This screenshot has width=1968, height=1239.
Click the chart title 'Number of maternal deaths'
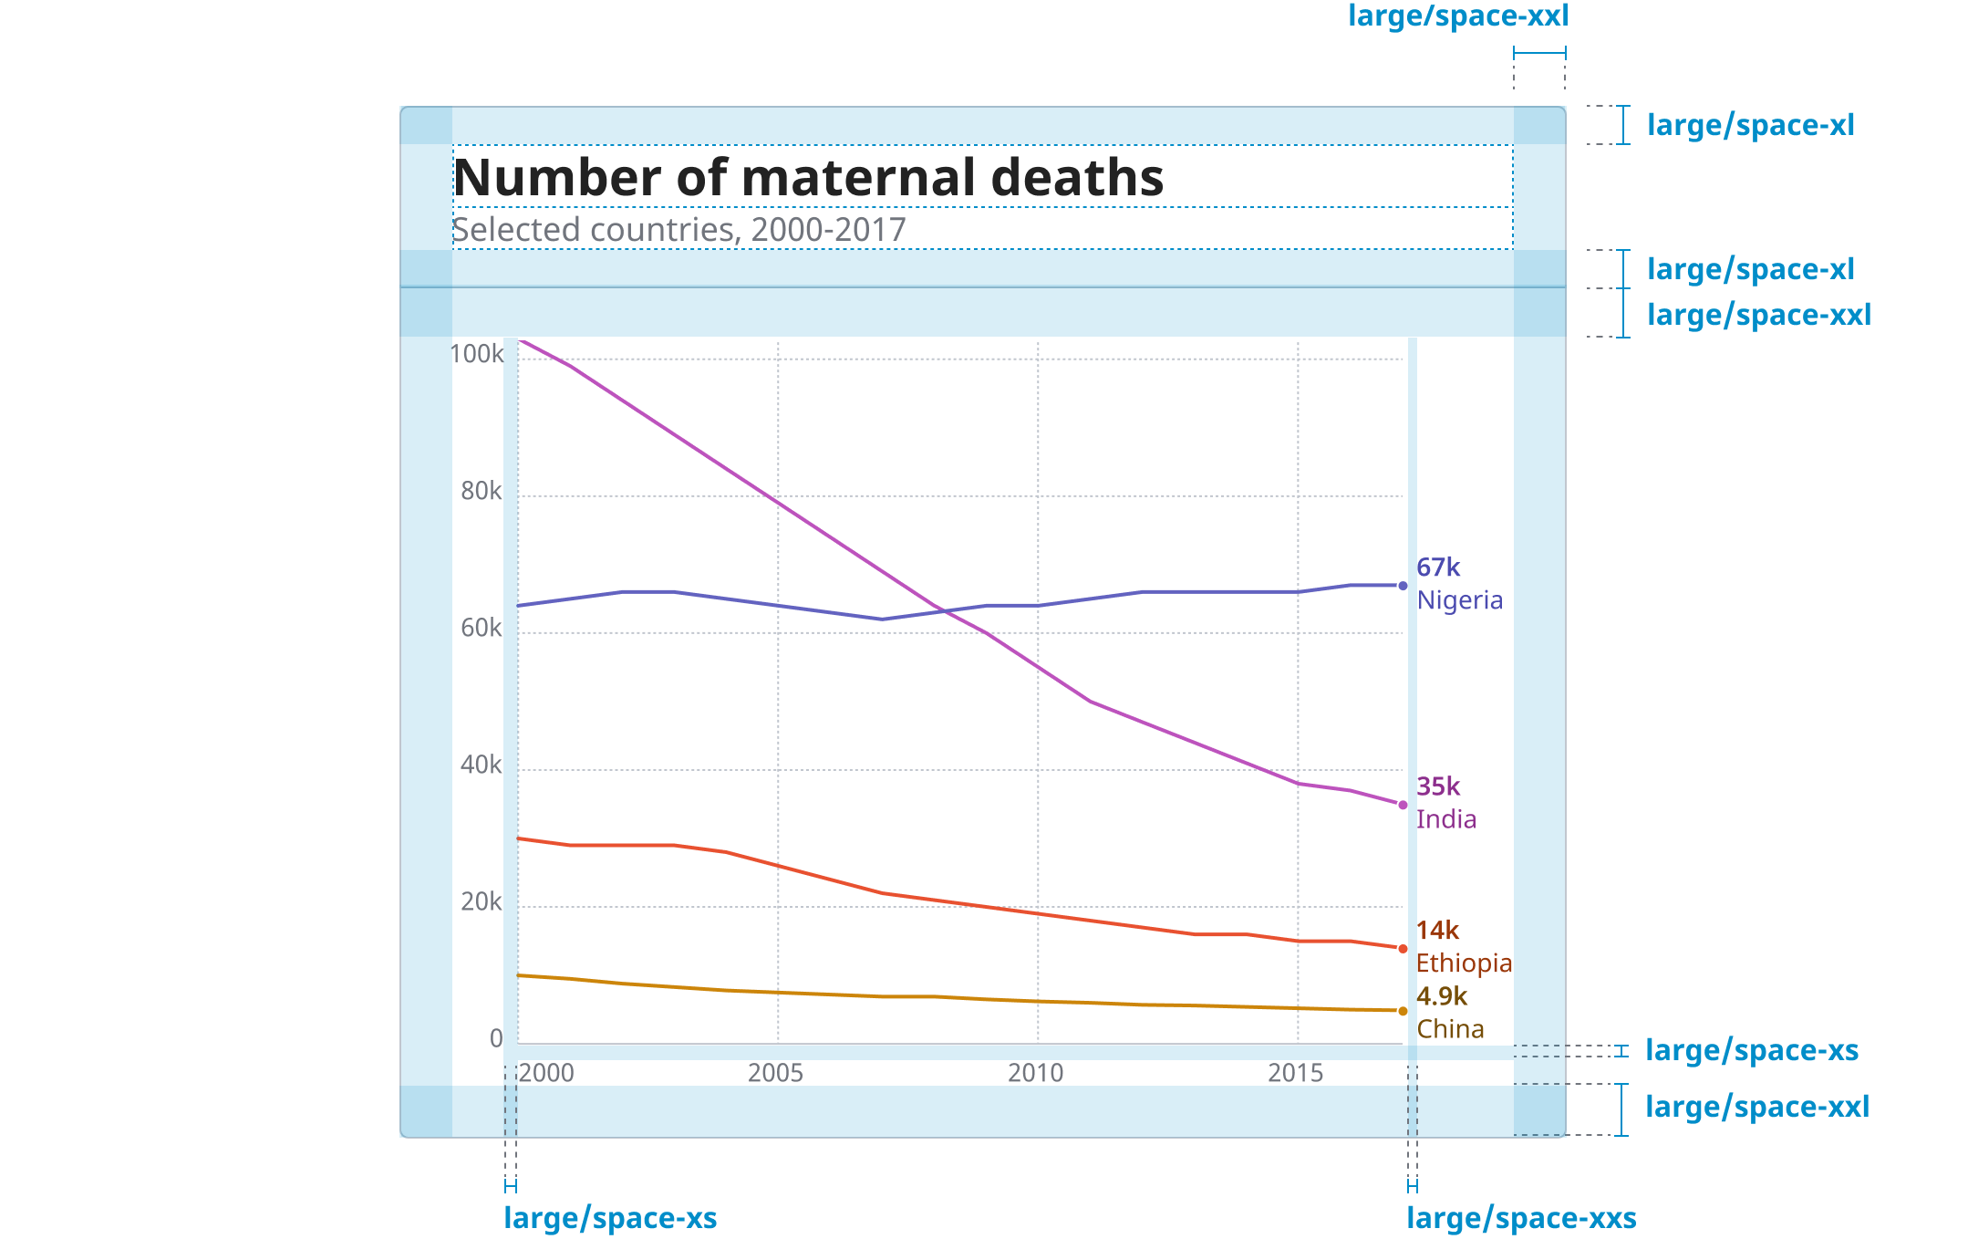click(808, 177)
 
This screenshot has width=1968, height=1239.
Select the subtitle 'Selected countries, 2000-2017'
click(679, 230)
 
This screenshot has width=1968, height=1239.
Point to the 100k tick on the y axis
click(476, 354)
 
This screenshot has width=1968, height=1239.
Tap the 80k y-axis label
click(481, 491)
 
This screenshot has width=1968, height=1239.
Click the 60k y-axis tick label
click(481, 628)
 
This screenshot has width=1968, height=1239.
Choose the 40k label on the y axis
click(481, 765)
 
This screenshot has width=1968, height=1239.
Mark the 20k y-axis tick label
click(481, 901)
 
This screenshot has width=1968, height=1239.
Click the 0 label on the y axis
click(496, 1038)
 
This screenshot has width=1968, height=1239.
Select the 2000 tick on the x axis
click(546, 1073)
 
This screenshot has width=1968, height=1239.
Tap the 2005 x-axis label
click(775, 1073)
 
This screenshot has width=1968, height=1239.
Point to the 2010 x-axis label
click(1035, 1073)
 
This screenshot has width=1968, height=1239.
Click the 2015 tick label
click(1295, 1073)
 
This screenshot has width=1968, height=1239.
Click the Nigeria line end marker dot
click(1403, 586)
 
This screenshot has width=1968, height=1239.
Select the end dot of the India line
click(1403, 805)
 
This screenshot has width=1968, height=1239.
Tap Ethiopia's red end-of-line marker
click(1403, 949)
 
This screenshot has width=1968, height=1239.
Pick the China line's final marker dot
click(1403, 1011)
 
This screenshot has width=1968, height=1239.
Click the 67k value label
click(1438, 567)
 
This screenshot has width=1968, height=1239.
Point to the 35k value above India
click(1438, 786)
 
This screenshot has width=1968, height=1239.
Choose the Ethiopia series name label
click(1464, 963)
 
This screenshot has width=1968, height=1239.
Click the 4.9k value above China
click(1442, 996)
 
